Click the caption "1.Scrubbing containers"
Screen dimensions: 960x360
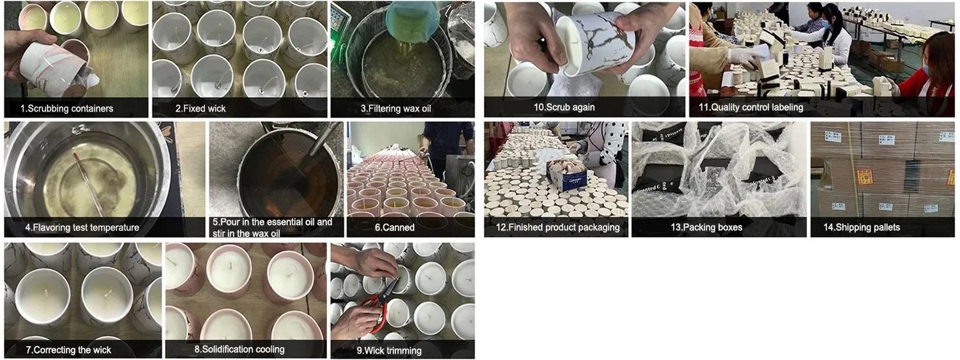pyautogui.click(x=67, y=109)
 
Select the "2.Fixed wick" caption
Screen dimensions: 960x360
pyautogui.click(x=200, y=109)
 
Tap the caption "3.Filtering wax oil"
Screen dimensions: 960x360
pyautogui.click(x=395, y=109)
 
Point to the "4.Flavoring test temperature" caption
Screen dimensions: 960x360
pyautogui.click(x=82, y=227)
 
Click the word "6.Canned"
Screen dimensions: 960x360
pyautogui.click(x=395, y=227)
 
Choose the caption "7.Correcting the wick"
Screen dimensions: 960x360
pyautogui.click(x=68, y=350)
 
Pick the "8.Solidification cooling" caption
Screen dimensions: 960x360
pyautogui.click(x=239, y=349)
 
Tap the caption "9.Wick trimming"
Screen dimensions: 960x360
pyautogui.click(x=389, y=350)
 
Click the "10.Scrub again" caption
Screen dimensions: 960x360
pyautogui.click(x=564, y=107)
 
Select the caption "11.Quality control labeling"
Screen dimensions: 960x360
pyautogui.click(x=751, y=107)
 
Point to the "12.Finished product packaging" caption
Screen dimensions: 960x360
pyautogui.click(x=557, y=227)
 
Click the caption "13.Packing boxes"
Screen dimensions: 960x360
pyautogui.click(x=706, y=227)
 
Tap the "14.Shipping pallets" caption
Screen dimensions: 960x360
pyautogui.click(x=862, y=227)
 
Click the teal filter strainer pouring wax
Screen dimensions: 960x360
pyautogui.click(x=412, y=22)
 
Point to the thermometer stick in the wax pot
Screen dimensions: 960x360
pyautogui.click(x=89, y=184)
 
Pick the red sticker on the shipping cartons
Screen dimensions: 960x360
pyautogui.click(x=865, y=176)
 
